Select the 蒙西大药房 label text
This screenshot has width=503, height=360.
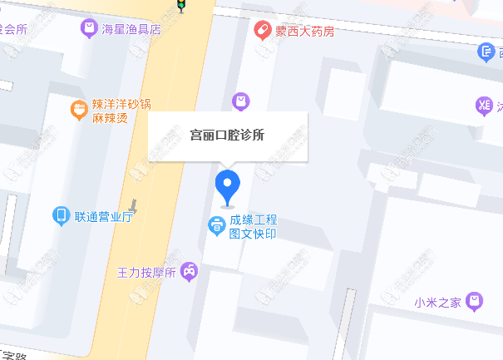(305, 31)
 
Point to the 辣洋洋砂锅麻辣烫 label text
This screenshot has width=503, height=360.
(121, 111)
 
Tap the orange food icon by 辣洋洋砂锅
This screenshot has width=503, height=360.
(78, 107)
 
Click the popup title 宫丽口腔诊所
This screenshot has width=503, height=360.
(227, 135)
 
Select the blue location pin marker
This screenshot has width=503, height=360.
(227, 185)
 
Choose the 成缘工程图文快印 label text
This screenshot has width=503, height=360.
(254, 227)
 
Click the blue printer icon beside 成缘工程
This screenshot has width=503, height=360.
(215, 224)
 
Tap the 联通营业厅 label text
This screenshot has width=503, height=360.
(104, 217)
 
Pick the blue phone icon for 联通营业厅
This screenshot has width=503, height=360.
(61, 216)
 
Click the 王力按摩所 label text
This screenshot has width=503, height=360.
(146, 272)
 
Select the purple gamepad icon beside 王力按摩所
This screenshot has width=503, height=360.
(190, 271)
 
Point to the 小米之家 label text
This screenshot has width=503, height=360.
(437, 302)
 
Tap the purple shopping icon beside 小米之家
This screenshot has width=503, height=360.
(475, 300)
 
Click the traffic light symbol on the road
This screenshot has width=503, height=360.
(180, 5)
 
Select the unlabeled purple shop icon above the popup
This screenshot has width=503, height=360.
(240, 101)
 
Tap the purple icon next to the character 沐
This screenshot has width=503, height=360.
(483, 105)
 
